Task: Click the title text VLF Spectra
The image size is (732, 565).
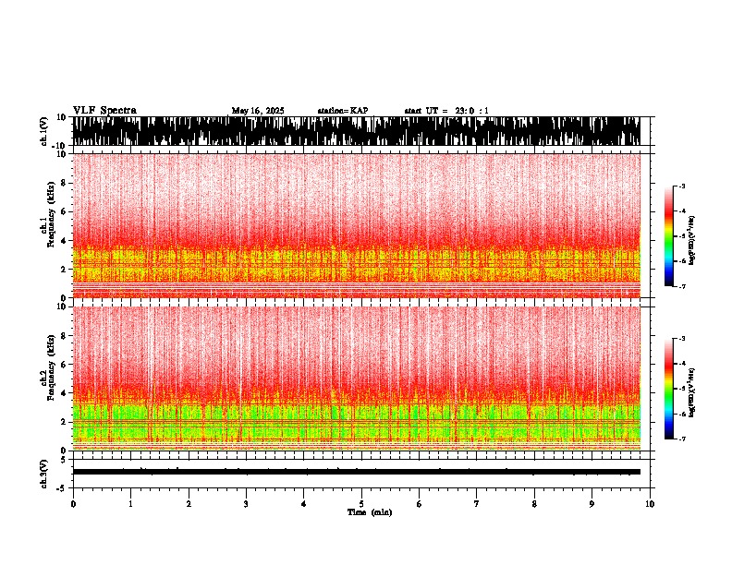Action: pyautogui.click(x=104, y=111)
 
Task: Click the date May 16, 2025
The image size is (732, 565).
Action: pyautogui.click(x=258, y=111)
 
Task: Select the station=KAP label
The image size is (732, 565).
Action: pyautogui.click(x=342, y=111)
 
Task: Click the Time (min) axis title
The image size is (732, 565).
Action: pyautogui.click(x=369, y=512)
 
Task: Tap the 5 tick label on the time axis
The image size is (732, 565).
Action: pyautogui.click(x=361, y=503)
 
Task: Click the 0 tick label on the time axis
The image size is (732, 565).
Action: pyautogui.click(x=73, y=503)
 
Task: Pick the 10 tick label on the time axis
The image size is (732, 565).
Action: pyautogui.click(x=650, y=503)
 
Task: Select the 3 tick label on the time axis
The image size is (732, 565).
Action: pyautogui.click(x=246, y=503)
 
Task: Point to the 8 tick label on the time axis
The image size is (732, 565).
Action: pyautogui.click(x=534, y=503)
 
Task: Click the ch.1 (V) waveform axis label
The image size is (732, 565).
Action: pyautogui.click(x=43, y=131)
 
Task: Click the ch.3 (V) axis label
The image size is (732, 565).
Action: pyautogui.click(x=43, y=472)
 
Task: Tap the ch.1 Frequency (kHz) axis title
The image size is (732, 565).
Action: pyautogui.click(x=43, y=225)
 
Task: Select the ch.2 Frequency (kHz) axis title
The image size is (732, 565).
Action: pyautogui.click(x=43, y=378)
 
